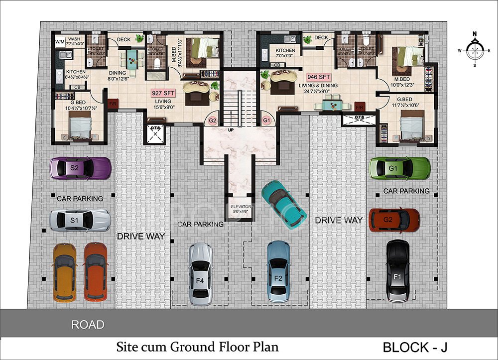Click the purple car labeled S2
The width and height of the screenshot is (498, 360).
click(x=80, y=168)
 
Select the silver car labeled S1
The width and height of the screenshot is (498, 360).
click(x=80, y=220)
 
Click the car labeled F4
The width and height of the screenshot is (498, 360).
click(x=200, y=274)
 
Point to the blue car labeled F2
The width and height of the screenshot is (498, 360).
click(x=278, y=272)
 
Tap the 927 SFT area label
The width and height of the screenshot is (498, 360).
click(x=164, y=93)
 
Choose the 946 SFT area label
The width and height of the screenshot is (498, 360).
click(x=319, y=77)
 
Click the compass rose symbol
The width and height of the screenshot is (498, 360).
click(x=475, y=50)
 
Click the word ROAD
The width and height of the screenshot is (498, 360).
click(x=88, y=325)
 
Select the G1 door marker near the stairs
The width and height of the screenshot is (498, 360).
click(x=266, y=120)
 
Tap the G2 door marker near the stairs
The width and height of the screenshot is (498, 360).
click(x=213, y=120)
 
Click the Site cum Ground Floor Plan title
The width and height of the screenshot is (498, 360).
click(x=197, y=346)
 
